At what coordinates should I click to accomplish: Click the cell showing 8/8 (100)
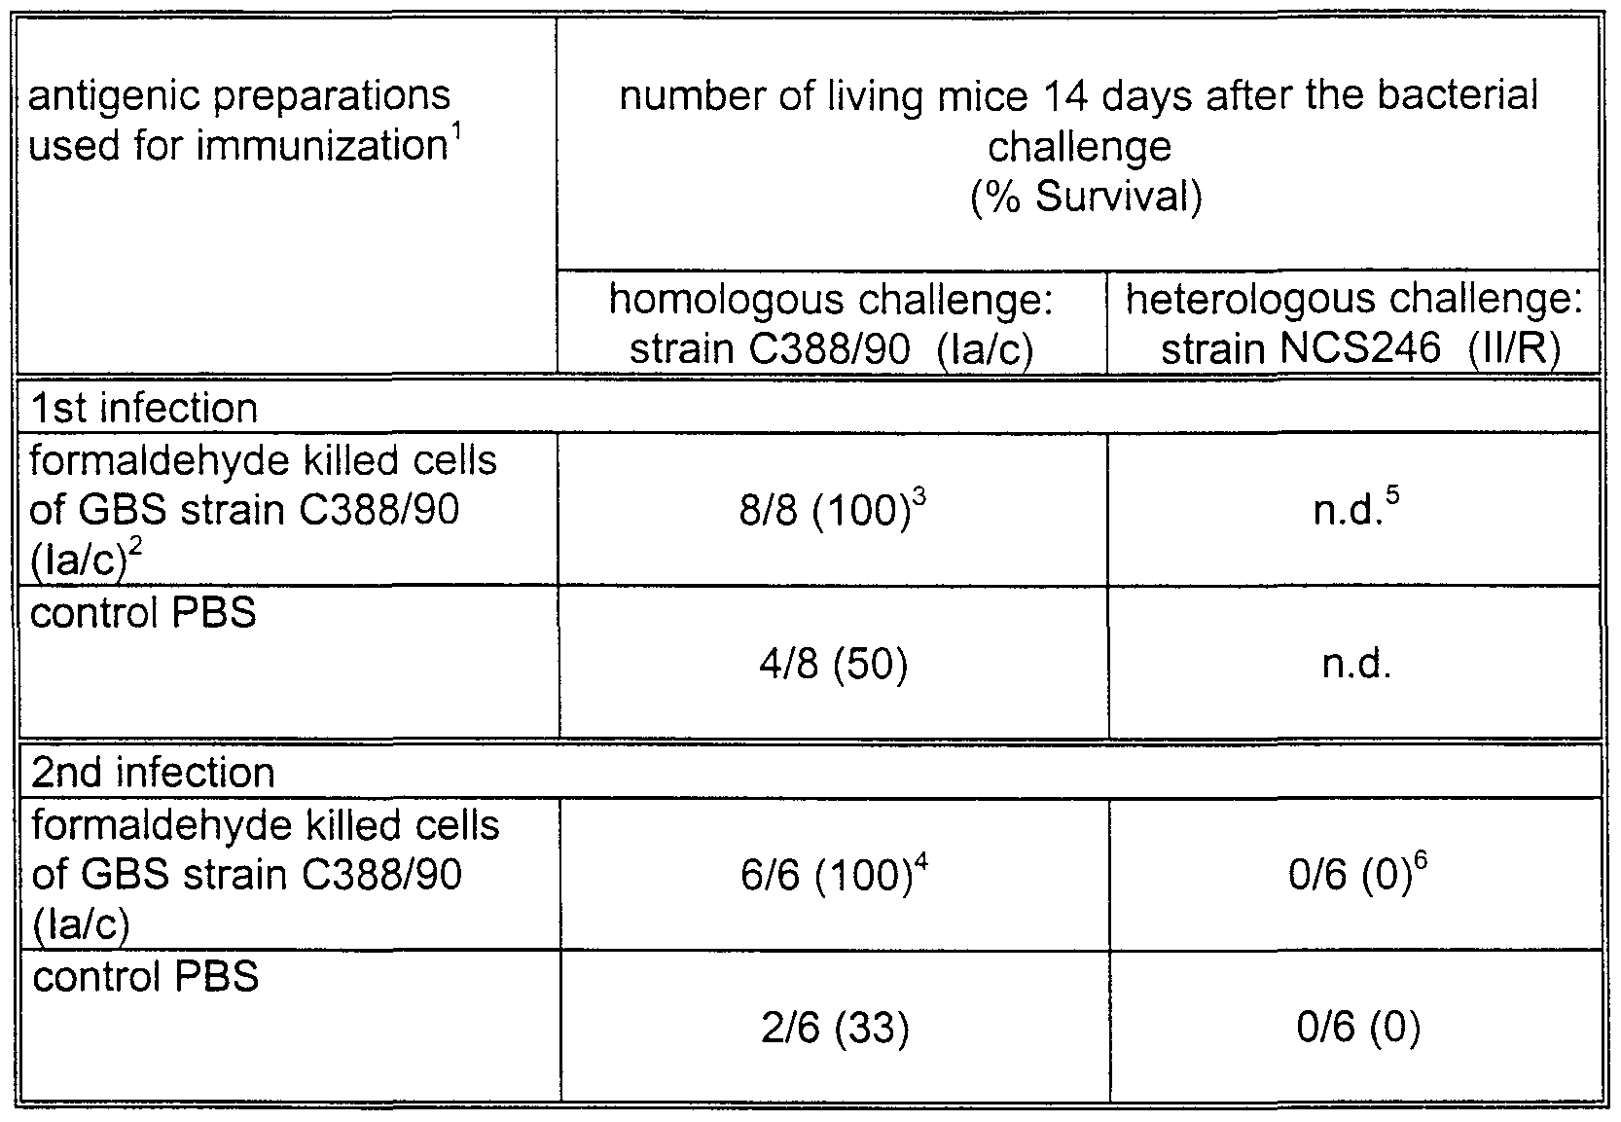coord(832,510)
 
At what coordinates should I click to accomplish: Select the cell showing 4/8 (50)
coord(833,664)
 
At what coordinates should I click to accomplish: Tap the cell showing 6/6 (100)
coord(834,875)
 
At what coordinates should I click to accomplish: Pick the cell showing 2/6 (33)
coord(835,1028)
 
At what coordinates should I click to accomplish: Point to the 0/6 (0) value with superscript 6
coord(1357,875)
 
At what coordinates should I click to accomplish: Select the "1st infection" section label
coord(144,408)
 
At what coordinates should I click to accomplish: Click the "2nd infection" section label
coord(153,773)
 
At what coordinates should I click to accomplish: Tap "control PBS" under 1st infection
coord(143,612)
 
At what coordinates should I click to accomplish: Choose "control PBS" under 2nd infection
coord(145,976)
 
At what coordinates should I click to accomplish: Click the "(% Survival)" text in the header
coord(1086,197)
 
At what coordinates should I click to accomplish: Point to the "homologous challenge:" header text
coord(831,301)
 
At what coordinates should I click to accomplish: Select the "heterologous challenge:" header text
coord(1354,301)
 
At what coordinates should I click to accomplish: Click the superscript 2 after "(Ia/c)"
coord(135,547)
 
